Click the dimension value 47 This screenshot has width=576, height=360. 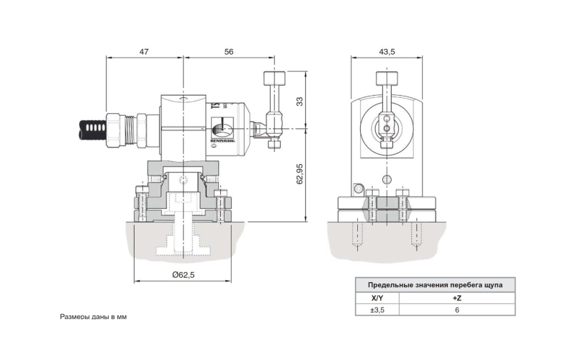[x=143, y=53]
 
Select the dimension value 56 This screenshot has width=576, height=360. [x=229, y=53]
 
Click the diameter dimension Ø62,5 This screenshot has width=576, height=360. [x=183, y=275]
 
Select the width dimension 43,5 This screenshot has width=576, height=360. [x=387, y=53]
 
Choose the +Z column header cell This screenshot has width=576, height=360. [x=456, y=298]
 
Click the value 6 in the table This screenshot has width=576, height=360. [x=456, y=310]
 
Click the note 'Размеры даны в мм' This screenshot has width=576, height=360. [x=93, y=317]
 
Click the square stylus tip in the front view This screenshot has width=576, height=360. [x=387, y=78]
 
